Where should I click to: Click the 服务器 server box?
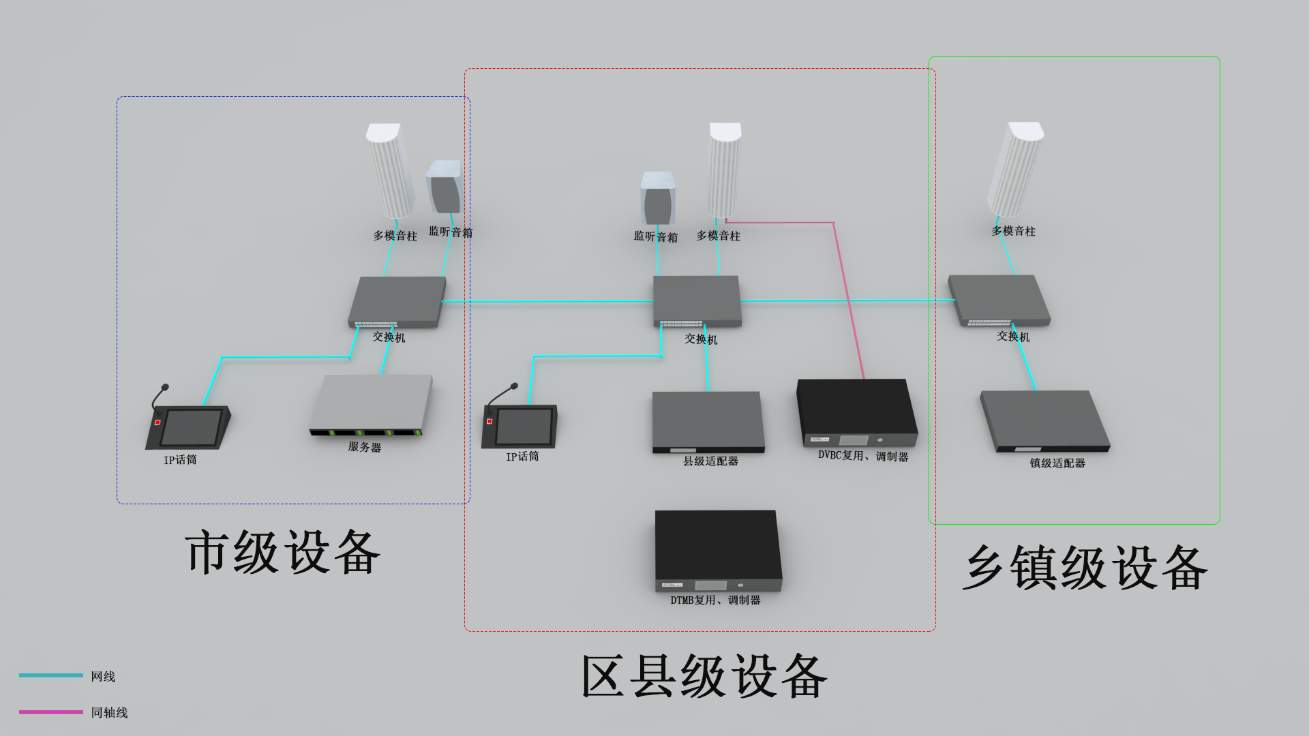(x=372, y=405)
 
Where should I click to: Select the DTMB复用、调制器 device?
(x=717, y=551)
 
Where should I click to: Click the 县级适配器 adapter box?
(x=708, y=421)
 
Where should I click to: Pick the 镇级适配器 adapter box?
(x=1044, y=420)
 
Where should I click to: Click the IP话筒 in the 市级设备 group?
(x=188, y=426)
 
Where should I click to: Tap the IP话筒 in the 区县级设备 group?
(x=521, y=425)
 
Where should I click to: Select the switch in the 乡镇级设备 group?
(x=999, y=300)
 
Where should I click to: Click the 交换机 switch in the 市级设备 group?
(x=397, y=301)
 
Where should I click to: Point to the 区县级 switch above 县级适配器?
(x=697, y=300)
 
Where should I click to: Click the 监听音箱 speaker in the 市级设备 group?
(x=444, y=187)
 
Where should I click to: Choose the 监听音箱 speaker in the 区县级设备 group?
(x=658, y=198)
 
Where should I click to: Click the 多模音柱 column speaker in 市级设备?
(x=391, y=170)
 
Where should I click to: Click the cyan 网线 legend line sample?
(x=51, y=675)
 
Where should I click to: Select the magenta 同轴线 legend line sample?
(x=51, y=712)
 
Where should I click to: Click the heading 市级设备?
(x=282, y=552)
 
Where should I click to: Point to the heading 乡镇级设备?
(x=1085, y=568)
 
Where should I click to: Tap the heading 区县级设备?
(x=704, y=676)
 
